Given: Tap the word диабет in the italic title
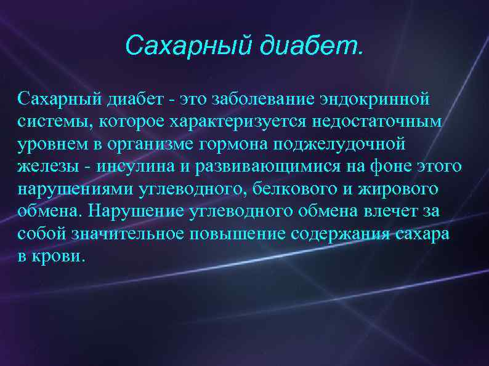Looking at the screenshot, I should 307,45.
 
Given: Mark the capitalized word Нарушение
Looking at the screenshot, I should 132,212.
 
